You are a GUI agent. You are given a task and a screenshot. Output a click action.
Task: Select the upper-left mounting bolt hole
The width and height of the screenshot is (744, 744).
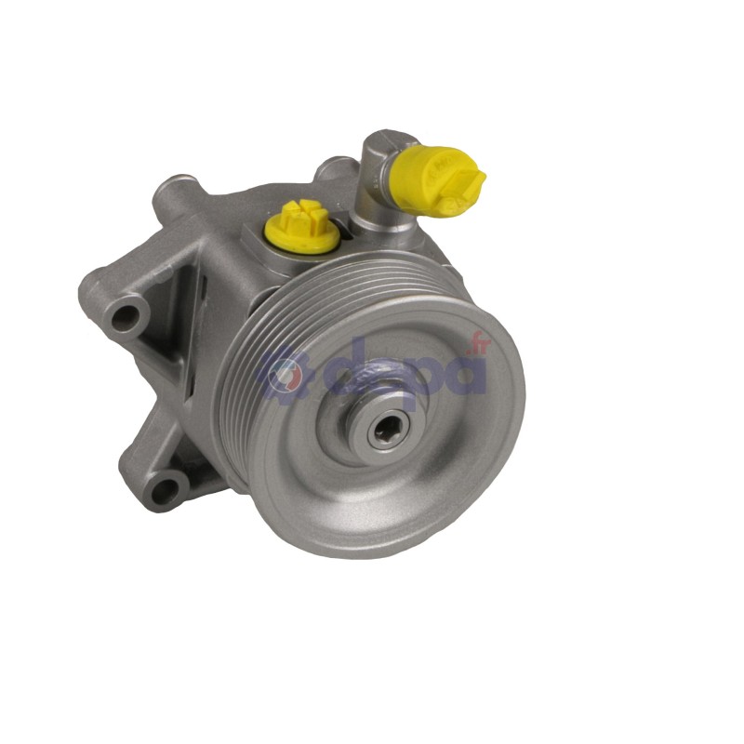[123, 316]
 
